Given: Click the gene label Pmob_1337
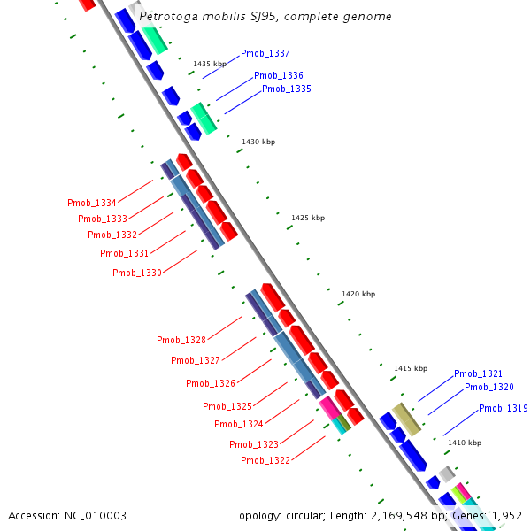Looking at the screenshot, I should tap(265, 54).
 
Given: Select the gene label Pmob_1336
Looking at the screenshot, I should tap(278, 75).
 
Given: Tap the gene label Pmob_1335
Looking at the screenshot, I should tap(286, 88).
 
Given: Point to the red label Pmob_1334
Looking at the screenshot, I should tap(92, 203).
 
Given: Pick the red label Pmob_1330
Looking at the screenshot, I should tap(136, 273).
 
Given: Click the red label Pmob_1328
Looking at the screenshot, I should tap(181, 341).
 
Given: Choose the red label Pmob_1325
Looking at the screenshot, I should tap(227, 406).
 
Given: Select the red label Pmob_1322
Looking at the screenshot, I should tap(265, 460).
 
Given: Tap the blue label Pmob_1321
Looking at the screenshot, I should tap(478, 374).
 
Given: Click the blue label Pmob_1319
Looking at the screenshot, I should tap(503, 408).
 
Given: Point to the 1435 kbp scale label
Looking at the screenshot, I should tap(210, 64).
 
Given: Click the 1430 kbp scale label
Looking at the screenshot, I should tap(258, 142).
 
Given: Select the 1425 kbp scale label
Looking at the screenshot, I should tap(308, 218).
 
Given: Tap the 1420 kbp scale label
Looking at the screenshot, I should tap(358, 294).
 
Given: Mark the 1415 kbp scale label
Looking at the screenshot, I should tap(411, 368).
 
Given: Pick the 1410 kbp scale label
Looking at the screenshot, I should tap(465, 442).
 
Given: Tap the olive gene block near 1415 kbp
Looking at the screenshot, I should tap(407, 419).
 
